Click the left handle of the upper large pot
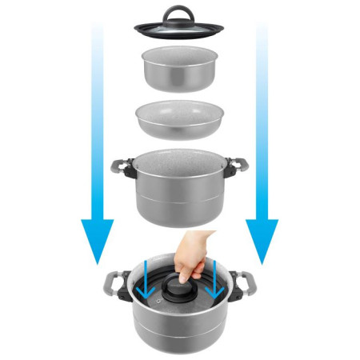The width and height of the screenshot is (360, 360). (121, 170)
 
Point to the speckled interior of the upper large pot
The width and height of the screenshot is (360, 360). (179, 163)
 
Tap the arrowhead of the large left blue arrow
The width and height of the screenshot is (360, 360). (98, 240)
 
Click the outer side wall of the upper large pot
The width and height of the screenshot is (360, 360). (180, 204)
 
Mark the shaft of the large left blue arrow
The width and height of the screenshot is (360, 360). (98, 120)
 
